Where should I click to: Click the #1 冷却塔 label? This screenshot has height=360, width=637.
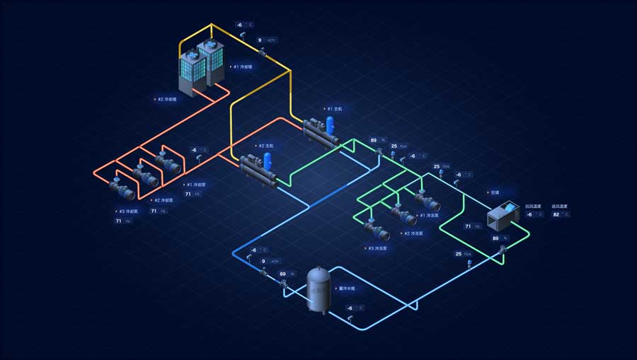(241, 67)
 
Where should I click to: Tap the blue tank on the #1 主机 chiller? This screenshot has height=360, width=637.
(330, 125)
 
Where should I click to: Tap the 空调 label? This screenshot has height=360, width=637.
(493, 192)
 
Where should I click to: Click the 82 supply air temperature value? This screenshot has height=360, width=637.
(556, 214)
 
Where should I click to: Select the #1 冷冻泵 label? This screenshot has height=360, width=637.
(430, 215)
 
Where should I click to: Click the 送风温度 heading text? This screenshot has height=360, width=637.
(559, 206)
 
